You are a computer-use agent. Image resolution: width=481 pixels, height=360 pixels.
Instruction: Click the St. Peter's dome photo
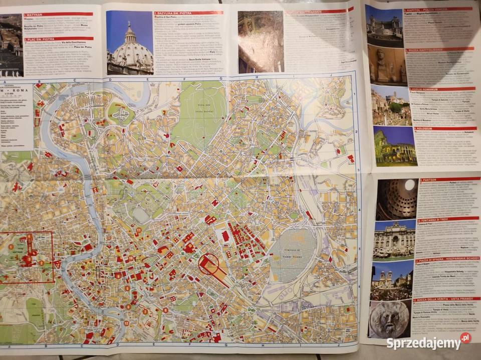130,43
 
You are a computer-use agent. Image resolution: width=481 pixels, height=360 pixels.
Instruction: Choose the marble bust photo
386,65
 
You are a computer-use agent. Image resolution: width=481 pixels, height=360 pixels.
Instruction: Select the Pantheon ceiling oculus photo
396,199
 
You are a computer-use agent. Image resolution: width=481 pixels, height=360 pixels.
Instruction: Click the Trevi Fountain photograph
393,240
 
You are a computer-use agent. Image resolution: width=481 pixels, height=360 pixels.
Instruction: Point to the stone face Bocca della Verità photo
389,319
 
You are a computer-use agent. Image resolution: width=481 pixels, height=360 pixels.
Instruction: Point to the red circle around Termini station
208,264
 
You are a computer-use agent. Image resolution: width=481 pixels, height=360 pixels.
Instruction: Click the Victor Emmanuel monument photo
384,25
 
